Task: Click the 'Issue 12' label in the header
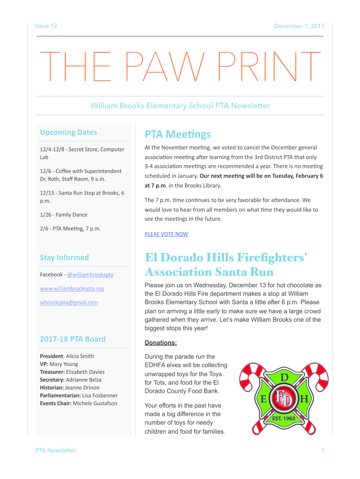click(46, 26)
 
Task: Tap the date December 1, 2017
click(299, 26)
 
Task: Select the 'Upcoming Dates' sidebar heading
click(68, 132)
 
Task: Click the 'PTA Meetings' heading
click(178, 135)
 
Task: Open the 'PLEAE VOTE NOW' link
click(166, 234)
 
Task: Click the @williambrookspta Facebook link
click(90, 275)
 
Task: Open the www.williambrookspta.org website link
click(72, 288)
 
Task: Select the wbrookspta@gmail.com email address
click(69, 302)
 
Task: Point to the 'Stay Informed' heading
click(64, 257)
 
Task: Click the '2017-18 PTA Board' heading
click(72, 339)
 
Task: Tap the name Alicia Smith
click(80, 356)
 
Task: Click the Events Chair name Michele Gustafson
click(95, 403)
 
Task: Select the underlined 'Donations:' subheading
click(161, 343)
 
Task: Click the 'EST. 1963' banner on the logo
click(284, 418)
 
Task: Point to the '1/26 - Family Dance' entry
click(64, 215)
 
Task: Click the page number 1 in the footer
click(323, 450)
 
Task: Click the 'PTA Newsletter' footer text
click(56, 450)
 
